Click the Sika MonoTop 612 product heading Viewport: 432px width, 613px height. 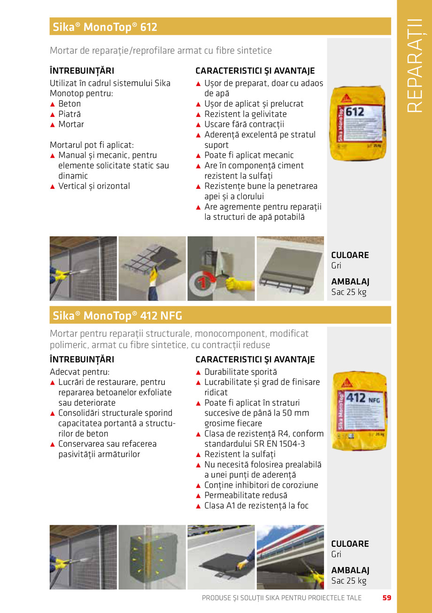(105, 27)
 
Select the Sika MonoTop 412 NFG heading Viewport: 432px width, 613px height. (117, 316)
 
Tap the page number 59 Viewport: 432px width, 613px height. (386, 598)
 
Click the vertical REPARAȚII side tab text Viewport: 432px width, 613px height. (414, 65)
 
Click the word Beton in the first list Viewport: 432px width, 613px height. (69, 104)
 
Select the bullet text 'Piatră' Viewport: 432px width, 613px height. (69, 114)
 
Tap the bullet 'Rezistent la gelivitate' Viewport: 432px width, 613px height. (245, 114)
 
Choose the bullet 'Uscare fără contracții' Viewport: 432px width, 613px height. (244, 124)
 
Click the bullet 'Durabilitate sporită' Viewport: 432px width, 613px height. (240, 372)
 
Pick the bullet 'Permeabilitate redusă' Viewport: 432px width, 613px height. (246, 495)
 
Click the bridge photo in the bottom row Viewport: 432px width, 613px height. (290, 557)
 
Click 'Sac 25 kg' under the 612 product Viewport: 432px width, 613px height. (348, 292)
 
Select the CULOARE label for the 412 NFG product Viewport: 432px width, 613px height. (350, 544)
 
